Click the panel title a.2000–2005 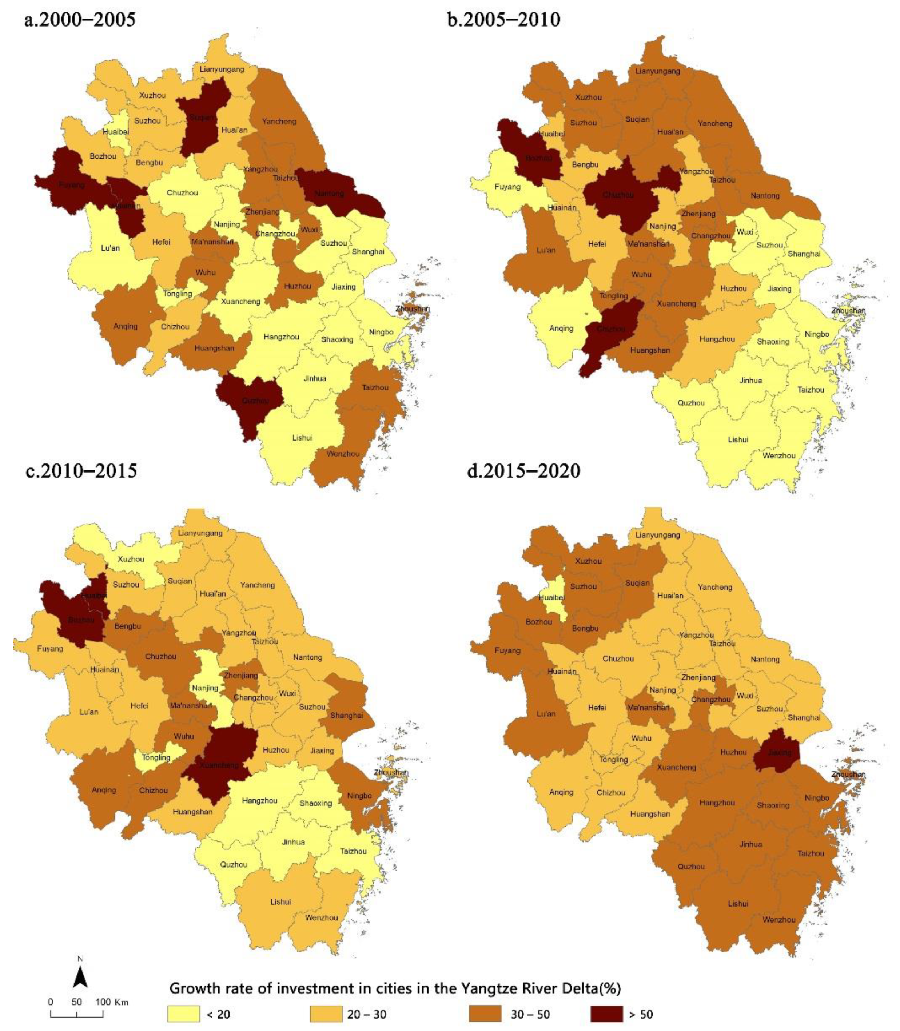click(x=80, y=20)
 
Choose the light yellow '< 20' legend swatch click(x=183, y=1014)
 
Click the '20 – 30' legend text click(x=367, y=1014)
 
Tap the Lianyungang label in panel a click(x=222, y=69)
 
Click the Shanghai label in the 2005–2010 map click(x=804, y=254)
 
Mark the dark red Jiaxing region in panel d click(x=779, y=752)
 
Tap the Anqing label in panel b click(x=561, y=329)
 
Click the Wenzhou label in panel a click(x=343, y=454)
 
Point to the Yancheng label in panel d click(x=715, y=587)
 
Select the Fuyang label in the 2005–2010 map click(x=507, y=187)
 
